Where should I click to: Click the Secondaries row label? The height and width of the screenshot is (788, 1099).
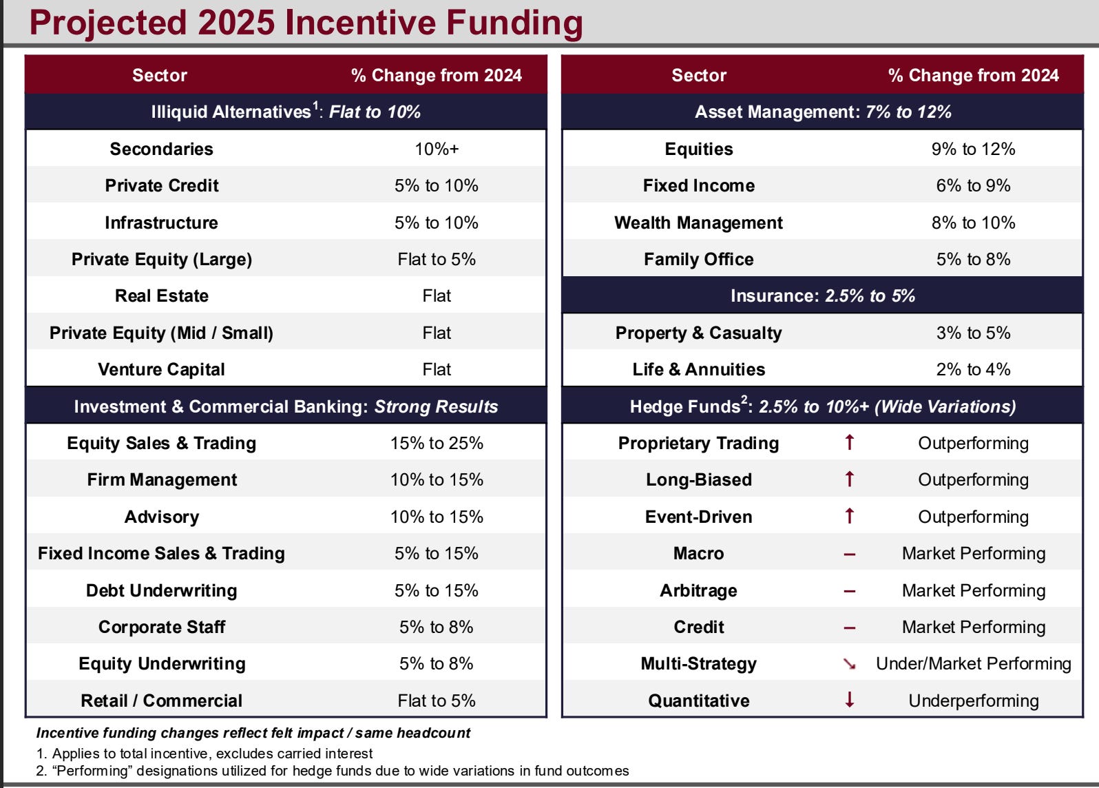(161, 149)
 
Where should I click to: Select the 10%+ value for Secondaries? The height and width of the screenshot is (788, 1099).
(436, 149)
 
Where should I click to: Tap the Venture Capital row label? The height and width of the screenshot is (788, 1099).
(161, 369)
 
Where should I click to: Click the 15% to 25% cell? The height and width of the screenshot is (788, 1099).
(436, 443)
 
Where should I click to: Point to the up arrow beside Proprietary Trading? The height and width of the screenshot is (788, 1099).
(849, 442)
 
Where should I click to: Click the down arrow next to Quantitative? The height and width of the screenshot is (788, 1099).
(849, 700)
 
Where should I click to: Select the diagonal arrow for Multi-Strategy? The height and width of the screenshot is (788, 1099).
(849, 663)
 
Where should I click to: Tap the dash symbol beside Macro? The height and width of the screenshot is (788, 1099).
(849, 554)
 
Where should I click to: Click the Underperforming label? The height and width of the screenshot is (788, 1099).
(973, 701)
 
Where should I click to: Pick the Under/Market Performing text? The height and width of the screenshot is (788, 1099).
(973, 663)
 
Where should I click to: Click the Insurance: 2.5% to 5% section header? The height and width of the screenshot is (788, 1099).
(822, 295)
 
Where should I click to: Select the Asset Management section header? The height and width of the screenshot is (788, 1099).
(822, 112)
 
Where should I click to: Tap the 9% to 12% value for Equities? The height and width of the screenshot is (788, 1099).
(973, 149)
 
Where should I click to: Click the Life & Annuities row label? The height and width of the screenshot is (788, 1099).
(698, 369)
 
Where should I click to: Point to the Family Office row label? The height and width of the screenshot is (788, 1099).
(698, 259)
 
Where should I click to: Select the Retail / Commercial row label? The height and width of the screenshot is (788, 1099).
(161, 701)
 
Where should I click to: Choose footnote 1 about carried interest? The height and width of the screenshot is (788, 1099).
(205, 754)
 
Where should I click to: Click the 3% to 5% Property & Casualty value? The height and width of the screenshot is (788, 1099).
(973, 333)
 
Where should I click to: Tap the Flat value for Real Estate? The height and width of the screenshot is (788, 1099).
(436, 295)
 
